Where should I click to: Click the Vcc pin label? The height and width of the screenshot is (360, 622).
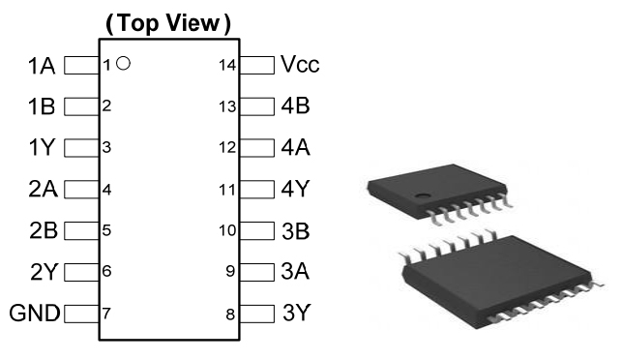pyautogui.click(x=300, y=64)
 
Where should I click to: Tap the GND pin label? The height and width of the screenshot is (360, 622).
pyautogui.click(x=35, y=314)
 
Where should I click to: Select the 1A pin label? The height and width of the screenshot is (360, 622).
pyautogui.click(x=42, y=66)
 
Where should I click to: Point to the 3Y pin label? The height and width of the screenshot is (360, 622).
pyautogui.click(x=296, y=313)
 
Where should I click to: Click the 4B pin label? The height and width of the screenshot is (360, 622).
pyautogui.click(x=296, y=106)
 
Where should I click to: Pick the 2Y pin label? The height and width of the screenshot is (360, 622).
pyautogui.click(x=44, y=272)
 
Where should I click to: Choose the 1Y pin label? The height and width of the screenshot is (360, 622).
pyautogui.click(x=42, y=147)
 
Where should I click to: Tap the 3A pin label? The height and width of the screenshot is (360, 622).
pyautogui.click(x=295, y=272)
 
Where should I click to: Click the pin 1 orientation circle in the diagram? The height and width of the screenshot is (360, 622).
pyautogui.click(x=124, y=63)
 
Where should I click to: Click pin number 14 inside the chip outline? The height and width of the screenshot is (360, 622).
pyautogui.click(x=227, y=65)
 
